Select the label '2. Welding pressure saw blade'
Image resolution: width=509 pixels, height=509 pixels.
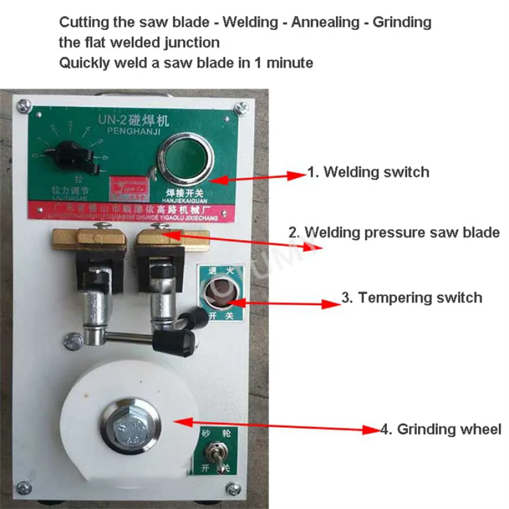394,232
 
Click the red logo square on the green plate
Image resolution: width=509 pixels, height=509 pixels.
125,187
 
